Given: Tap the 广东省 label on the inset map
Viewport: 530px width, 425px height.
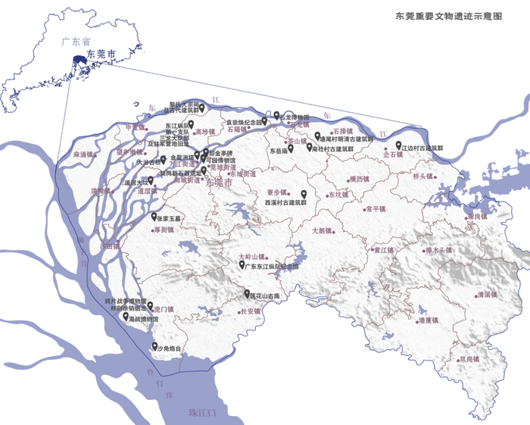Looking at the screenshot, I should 67,45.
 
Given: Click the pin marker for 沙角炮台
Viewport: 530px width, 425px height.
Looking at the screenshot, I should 154,347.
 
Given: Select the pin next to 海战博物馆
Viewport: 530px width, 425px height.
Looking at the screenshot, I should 126,317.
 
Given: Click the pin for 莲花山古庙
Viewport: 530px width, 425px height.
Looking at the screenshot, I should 245,294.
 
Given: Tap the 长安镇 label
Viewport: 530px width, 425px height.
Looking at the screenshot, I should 250,311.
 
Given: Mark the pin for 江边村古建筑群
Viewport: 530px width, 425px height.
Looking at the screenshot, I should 398,145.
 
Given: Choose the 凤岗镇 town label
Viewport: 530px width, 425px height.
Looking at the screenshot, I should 469,359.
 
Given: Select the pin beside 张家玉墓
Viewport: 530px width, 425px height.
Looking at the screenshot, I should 154,216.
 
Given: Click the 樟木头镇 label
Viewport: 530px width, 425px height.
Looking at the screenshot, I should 438,250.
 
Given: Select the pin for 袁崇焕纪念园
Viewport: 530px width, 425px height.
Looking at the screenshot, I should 265,120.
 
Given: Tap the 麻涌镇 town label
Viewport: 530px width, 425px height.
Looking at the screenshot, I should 83,155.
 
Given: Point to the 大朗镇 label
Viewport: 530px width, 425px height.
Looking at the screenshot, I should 323,230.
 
